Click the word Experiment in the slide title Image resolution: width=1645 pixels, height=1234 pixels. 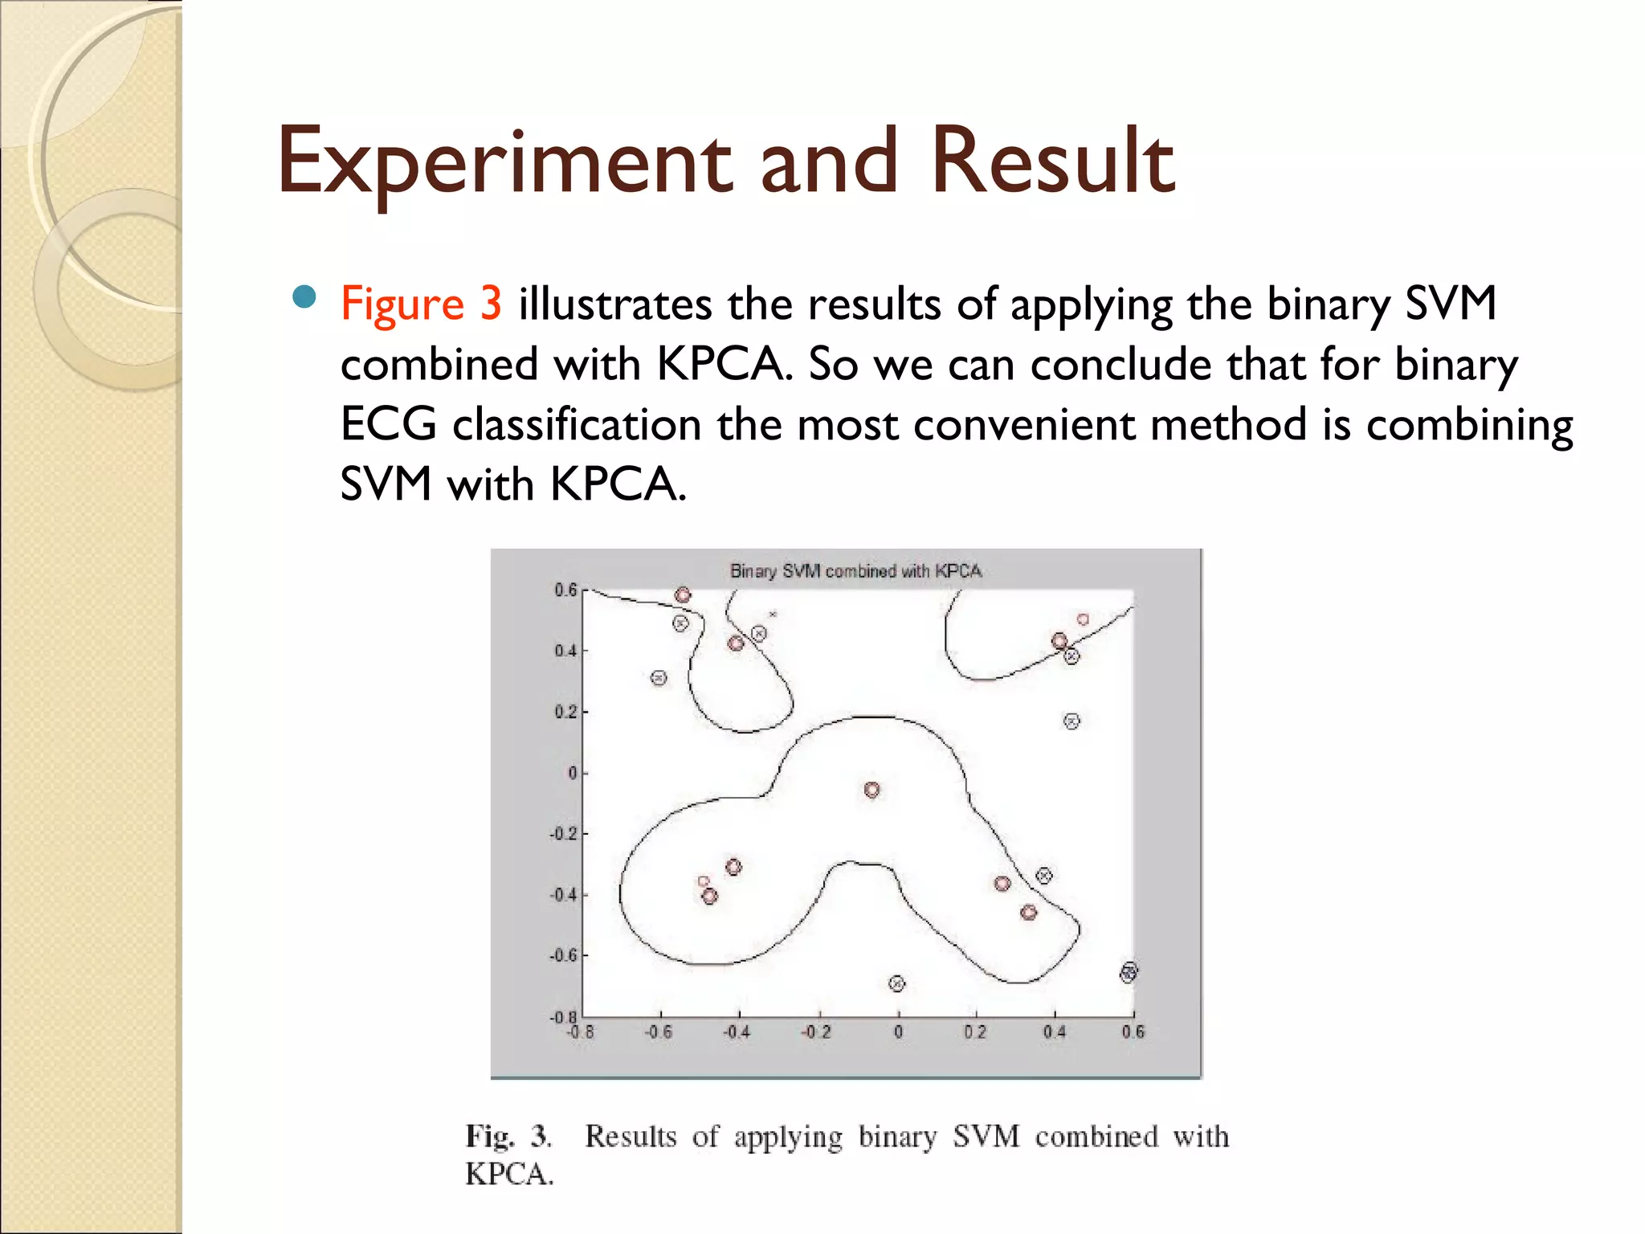[x=504, y=162]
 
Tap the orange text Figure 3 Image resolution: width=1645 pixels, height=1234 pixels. [x=421, y=304]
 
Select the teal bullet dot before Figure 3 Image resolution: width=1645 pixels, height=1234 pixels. [x=304, y=298]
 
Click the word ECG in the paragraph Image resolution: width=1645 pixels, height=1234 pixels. [x=388, y=424]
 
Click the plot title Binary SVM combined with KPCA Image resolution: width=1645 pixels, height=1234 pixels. [x=855, y=571]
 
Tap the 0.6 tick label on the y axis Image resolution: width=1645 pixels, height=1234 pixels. [x=565, y=590]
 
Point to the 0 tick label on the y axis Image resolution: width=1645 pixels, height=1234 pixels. [x=572, y=773]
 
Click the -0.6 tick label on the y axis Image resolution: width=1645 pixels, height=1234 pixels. [x=562, y=955]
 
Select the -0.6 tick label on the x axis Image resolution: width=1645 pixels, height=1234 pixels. [x=659, y=1032]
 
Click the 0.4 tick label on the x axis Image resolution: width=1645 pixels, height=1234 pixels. [x=1054, y=1032]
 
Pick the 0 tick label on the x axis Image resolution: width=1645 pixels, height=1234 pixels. [x=898, y=1032]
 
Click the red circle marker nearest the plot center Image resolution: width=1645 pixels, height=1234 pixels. [x=871, y=790]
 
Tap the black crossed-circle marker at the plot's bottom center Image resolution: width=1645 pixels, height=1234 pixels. [x=897, y=983]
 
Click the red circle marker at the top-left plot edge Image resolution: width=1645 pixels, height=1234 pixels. [x=683, y=595]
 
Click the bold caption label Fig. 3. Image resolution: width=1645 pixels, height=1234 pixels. [x=508, y=1137]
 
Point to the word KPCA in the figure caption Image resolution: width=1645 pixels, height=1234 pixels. [x=509, y=1175]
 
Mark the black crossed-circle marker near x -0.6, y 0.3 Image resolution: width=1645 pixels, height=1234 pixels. [x=659, y=678]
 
